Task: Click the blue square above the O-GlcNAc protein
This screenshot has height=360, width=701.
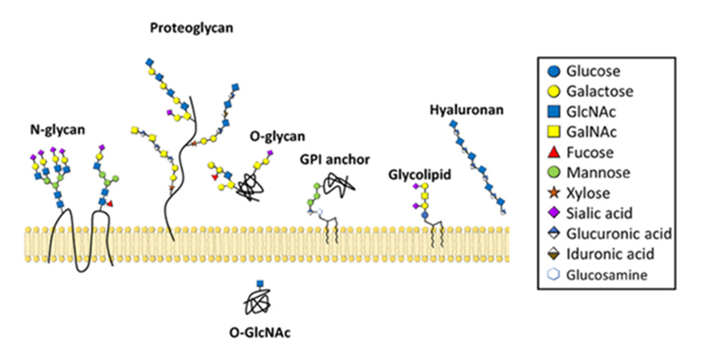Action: coord(259,282)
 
